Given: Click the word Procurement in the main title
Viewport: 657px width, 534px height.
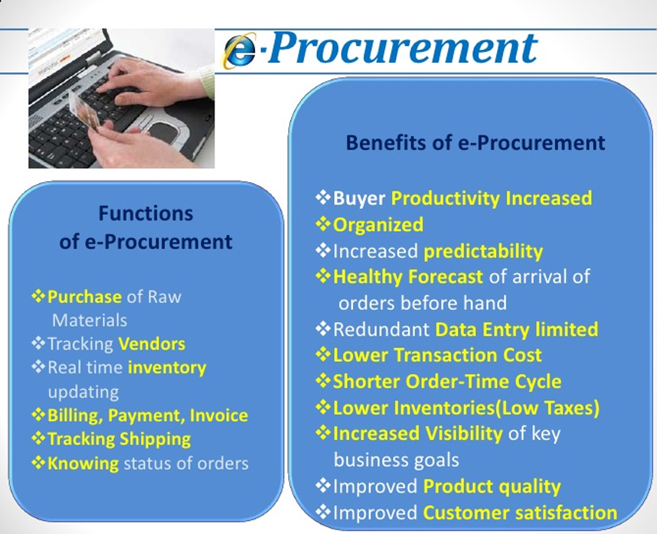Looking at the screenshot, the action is click(x=403, y=47).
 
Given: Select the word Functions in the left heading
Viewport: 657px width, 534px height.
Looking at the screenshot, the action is click(x=145, y=213).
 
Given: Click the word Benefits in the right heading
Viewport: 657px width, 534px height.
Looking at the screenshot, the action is click(x=385, y=142).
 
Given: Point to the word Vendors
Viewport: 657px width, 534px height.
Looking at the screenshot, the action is click(x=152, y=344).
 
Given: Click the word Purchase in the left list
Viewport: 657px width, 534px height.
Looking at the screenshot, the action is click(x=85, y=297).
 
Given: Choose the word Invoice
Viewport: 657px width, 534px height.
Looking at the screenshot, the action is click(x=219, y=415).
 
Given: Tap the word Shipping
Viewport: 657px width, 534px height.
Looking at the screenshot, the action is click(x=155, y=439).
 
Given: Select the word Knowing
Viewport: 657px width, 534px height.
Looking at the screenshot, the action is click(x=83, y=464).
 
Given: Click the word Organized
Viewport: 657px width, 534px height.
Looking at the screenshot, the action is click(x=378, y=225).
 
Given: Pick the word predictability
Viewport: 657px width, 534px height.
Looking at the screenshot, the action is click(x=483, y=252).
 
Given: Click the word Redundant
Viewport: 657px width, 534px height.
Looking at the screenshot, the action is click(x=381, y=330).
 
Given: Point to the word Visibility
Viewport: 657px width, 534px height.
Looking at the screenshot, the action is click(x=459, y=434).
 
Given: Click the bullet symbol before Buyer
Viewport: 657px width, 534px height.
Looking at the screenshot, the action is click(x=323, y=197).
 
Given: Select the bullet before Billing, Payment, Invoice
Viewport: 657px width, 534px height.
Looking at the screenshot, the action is click(x=38, y=415).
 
